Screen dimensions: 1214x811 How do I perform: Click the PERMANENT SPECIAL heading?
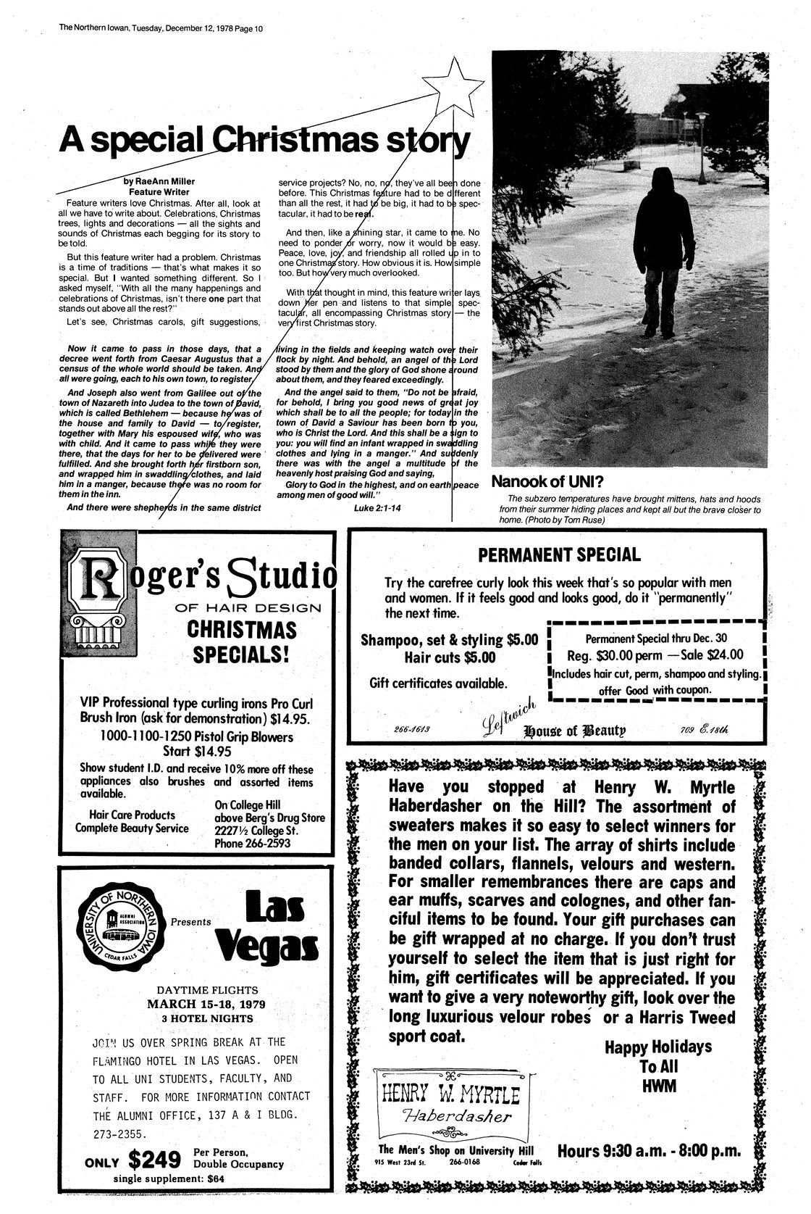point(559,555)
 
